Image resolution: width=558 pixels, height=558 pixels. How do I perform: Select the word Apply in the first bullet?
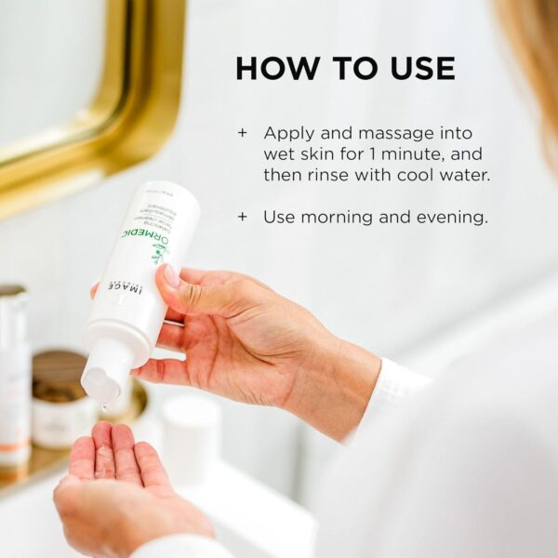click(x=288, y=133)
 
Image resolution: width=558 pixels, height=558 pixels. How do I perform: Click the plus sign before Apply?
click(x=243, y=133)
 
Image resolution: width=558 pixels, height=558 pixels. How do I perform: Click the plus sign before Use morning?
click(x=243, y=217)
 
